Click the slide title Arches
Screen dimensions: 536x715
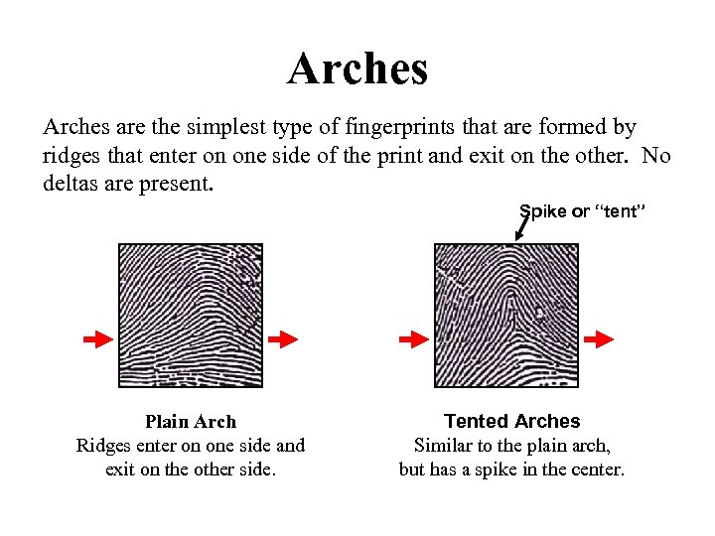357,68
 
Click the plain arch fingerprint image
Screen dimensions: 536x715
191,316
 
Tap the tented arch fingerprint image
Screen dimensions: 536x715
506,316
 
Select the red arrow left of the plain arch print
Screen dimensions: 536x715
97,339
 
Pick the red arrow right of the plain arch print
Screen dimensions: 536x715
283,339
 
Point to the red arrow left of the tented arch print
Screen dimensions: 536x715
413,339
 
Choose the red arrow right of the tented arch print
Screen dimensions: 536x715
599,339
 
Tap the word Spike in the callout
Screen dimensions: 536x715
542,210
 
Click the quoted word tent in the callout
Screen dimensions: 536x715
620,210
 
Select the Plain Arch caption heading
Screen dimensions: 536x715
191,422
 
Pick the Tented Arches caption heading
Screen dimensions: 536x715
511,422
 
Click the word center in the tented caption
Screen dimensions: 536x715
595,469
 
